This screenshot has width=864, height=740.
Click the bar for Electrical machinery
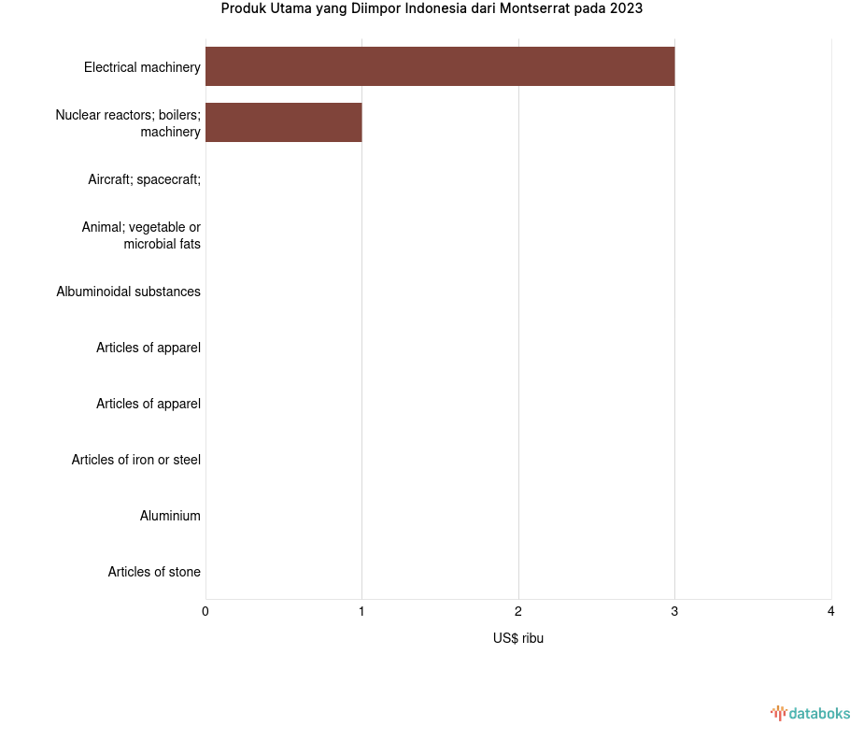pos(439,66)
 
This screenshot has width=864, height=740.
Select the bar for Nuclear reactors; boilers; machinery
pos(283,122)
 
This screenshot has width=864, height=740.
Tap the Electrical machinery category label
pos(142,67)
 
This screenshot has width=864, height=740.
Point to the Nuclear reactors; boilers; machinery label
pos(128,123)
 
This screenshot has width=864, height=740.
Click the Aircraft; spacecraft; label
pos(144,179)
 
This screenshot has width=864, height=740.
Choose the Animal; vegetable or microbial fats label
pos(141,235)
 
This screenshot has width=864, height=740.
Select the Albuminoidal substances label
pos(128,292)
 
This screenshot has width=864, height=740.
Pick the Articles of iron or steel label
pos(135,460)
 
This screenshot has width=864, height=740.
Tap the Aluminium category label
pos(170,516)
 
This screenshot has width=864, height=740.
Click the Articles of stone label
pos(154,572)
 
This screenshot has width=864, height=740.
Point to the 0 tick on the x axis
pos(205,611)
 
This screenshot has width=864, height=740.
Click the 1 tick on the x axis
pos(361,611)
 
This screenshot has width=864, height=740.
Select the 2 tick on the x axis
pos(518,611)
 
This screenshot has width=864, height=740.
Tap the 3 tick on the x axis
pos(674,611)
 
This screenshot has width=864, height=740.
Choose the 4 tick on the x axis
pos(830,611)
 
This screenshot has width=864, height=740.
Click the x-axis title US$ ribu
pos(518,638)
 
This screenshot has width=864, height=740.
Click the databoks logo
pos(810,714)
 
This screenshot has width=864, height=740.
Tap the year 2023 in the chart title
pos(625,9)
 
